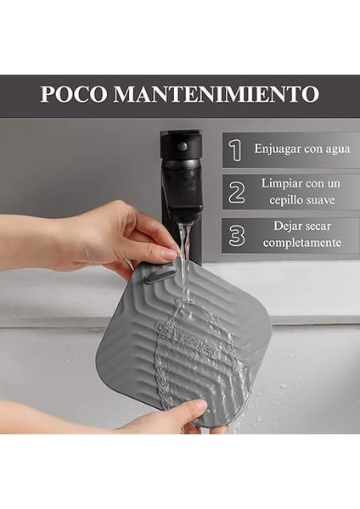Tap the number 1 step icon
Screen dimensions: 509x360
(x=236, y=150)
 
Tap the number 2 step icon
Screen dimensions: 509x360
(x=236, y=193)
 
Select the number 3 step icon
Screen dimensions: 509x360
(x=236, y=236)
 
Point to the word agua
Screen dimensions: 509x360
(x=334, y=149)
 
